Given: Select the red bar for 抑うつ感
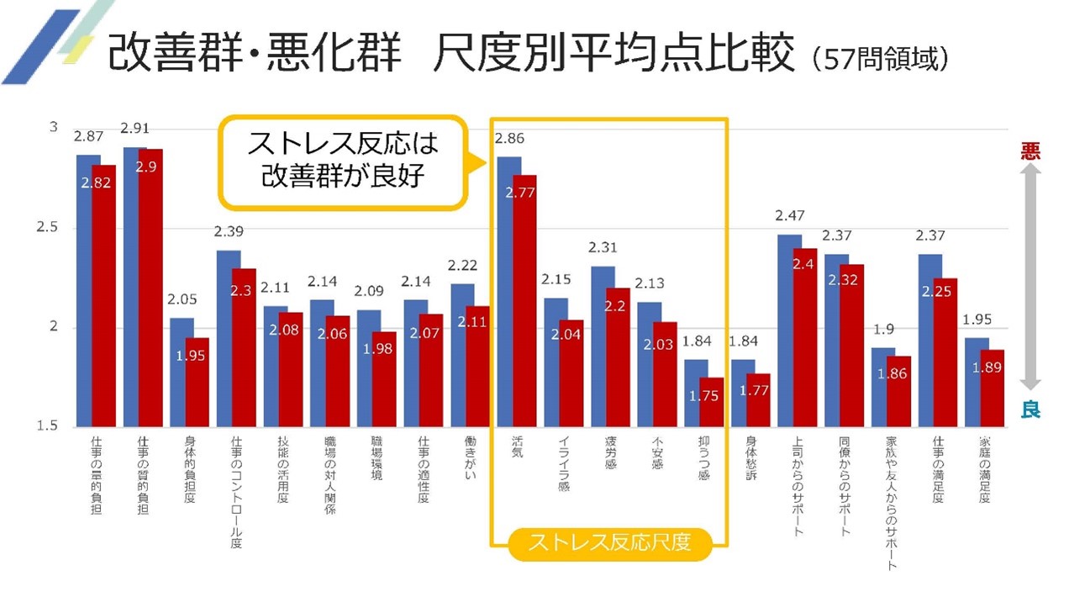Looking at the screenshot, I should tap(711, 404).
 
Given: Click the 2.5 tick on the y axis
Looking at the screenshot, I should tap(53, 228).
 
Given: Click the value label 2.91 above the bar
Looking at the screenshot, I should tap(135, 129).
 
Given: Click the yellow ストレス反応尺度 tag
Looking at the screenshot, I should tap(609, 543).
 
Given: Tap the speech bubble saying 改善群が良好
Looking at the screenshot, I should tap(343, 161).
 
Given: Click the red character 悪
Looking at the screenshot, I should tap(1030, 151).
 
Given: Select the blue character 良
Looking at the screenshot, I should tap(1030, 410).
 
